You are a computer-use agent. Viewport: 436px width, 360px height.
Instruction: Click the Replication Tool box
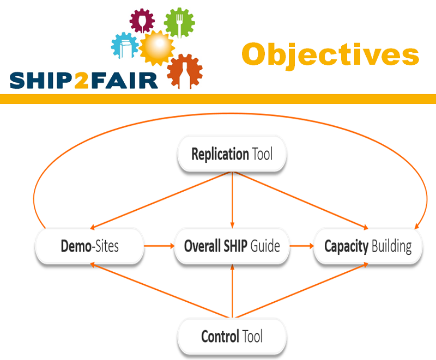[232, 154]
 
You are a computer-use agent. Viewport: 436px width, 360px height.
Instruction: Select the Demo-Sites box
[89, 246]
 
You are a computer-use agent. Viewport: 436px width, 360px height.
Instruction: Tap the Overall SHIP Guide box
[232, 246]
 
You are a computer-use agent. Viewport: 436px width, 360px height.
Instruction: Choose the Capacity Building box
[368, 246]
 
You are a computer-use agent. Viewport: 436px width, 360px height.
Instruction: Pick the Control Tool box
[232, 336]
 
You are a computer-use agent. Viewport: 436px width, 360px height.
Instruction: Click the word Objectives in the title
[330, 55]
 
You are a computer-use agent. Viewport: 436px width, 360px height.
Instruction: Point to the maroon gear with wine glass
[142, 21]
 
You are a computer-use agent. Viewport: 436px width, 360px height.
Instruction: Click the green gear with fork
[179, 23]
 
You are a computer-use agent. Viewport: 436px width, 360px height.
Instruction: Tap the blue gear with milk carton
[125, 46]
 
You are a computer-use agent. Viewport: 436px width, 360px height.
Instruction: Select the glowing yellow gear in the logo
[157, 48]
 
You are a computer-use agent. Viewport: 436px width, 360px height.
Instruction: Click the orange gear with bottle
[185, 71]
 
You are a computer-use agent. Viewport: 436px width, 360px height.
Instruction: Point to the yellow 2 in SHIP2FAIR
[81, 81]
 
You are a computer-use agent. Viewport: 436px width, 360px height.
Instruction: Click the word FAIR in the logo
[124, 81]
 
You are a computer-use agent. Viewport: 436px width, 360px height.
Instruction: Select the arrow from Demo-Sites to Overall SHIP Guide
[159, 246]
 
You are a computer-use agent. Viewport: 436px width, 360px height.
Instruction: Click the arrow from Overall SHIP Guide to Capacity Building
[302, 246]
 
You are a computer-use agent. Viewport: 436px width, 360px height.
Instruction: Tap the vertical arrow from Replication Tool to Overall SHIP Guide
[232, 200]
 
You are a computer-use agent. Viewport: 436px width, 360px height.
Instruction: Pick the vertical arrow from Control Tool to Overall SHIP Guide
[232, 291]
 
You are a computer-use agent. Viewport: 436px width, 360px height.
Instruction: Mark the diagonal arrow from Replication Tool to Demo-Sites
[161, 200]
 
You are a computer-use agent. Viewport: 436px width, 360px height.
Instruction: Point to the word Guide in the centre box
[265, 246]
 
